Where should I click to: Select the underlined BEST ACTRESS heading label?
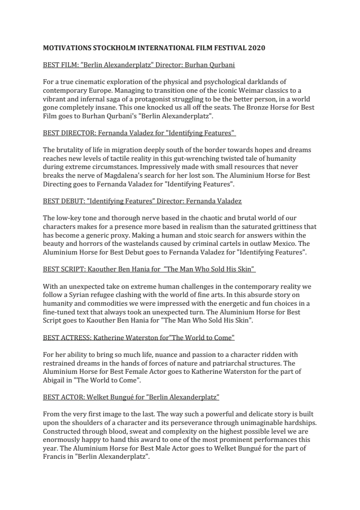point(66,337)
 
